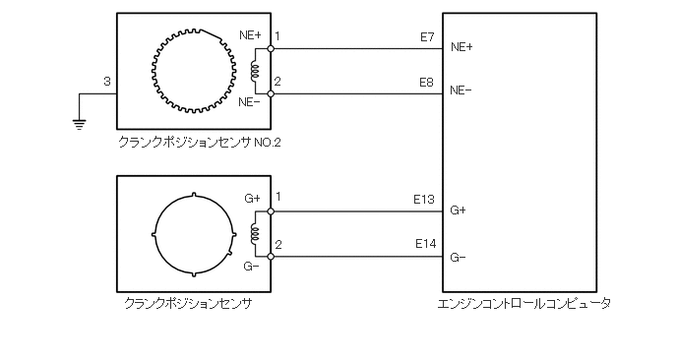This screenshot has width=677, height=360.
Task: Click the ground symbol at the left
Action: tap(80, 125)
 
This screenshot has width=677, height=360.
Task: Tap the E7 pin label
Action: tap(427, 37)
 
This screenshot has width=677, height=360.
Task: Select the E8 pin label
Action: tap(427, 82)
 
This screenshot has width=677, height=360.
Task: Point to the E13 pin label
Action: tap(424, 199)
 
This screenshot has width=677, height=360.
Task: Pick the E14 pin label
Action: tap(426, 244)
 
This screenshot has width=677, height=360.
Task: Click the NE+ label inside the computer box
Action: tap(462, 47)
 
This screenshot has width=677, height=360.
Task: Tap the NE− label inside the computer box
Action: tap(461, 90)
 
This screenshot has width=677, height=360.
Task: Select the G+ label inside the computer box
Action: tap(459, 210)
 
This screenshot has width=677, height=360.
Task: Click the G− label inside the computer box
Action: tap(458, 258)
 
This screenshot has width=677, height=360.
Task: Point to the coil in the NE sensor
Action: tap(254, 71)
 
